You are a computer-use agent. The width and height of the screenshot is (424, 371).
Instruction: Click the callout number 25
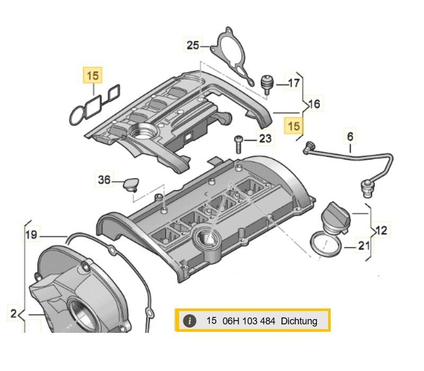192,46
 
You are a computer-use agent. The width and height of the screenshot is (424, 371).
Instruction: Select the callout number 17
294,83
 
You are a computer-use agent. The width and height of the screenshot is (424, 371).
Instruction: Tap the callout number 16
314,104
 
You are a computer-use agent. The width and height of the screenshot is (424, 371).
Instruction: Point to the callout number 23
265,139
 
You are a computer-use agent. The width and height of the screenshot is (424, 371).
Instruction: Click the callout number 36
104,180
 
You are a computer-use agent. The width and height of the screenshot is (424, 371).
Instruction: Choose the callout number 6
350,137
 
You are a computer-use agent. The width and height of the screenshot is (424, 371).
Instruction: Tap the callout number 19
31,234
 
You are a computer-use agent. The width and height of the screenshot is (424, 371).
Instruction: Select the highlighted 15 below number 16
294,126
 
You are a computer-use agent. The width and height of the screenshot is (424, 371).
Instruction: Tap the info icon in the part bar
190,321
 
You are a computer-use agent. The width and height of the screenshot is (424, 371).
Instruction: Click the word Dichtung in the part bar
299,321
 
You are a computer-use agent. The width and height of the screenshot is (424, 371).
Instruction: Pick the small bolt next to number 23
238,143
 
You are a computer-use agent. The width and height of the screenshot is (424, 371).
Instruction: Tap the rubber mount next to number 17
268,83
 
